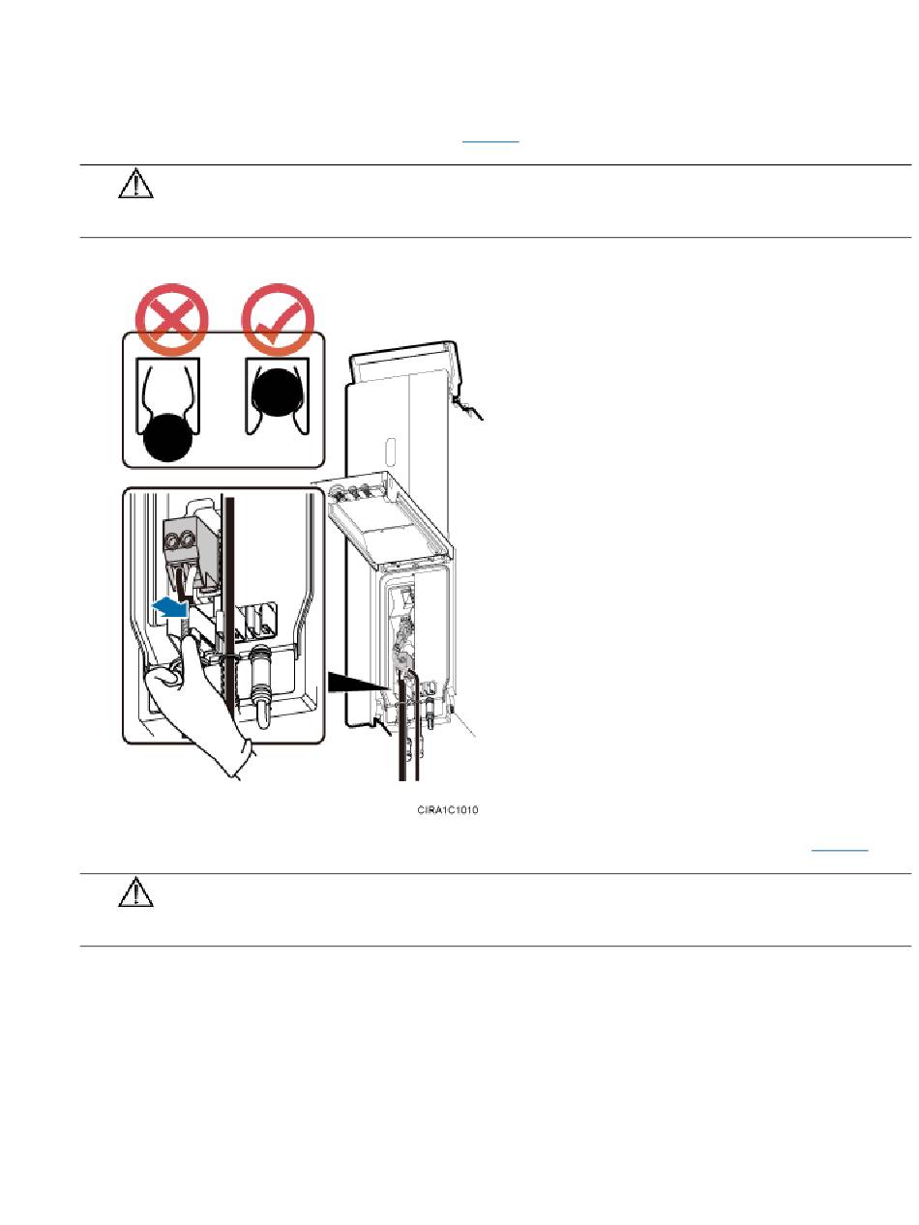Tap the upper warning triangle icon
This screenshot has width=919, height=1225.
click(x=136, y=186)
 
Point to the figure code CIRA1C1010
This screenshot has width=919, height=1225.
click(x=443, y=810)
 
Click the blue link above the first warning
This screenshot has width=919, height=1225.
click(x=490, y=140)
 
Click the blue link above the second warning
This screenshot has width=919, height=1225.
click(x=840, y=849)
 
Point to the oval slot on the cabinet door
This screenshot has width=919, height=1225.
click(x=390, y=455)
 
